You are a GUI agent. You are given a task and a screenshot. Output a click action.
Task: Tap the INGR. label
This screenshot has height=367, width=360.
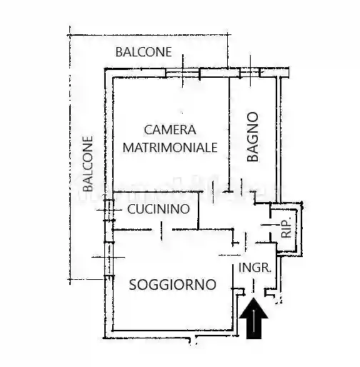tap(255, 268)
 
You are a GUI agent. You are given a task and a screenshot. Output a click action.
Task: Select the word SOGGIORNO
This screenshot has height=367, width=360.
tap(172, 284)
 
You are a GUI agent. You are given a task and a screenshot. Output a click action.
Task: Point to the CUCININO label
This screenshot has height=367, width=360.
tap(159, 209)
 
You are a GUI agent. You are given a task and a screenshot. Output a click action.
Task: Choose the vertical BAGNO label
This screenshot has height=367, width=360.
tap(252, 137)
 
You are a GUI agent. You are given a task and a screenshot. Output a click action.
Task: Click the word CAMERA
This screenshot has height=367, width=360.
tap(170, 130)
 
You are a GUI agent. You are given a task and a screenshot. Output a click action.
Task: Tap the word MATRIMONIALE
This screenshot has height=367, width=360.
tap(170, 147)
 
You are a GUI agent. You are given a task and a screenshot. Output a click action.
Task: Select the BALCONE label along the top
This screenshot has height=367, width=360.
tap(144, 52)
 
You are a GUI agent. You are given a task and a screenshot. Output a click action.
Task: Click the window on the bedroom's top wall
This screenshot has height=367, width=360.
tap(183, 73)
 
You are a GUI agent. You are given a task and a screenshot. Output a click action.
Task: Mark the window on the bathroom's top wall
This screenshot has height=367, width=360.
tap(251, 73)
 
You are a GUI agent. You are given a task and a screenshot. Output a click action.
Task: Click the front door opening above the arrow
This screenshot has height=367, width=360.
tap(255, 292)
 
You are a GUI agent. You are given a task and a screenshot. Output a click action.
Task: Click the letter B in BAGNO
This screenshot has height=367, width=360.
tap(252, 159)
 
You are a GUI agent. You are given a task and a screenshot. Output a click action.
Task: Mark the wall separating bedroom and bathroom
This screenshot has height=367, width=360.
tap(229, 129)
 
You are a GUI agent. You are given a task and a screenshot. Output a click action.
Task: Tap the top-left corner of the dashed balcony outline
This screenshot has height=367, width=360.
tap(70, 31)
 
